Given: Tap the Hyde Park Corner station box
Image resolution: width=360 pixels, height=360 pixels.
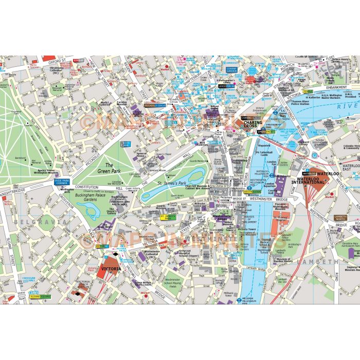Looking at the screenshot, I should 61,181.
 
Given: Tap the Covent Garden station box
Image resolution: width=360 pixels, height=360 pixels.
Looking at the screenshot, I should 231,69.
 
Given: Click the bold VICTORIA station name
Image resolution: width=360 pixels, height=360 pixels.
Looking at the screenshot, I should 111,269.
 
